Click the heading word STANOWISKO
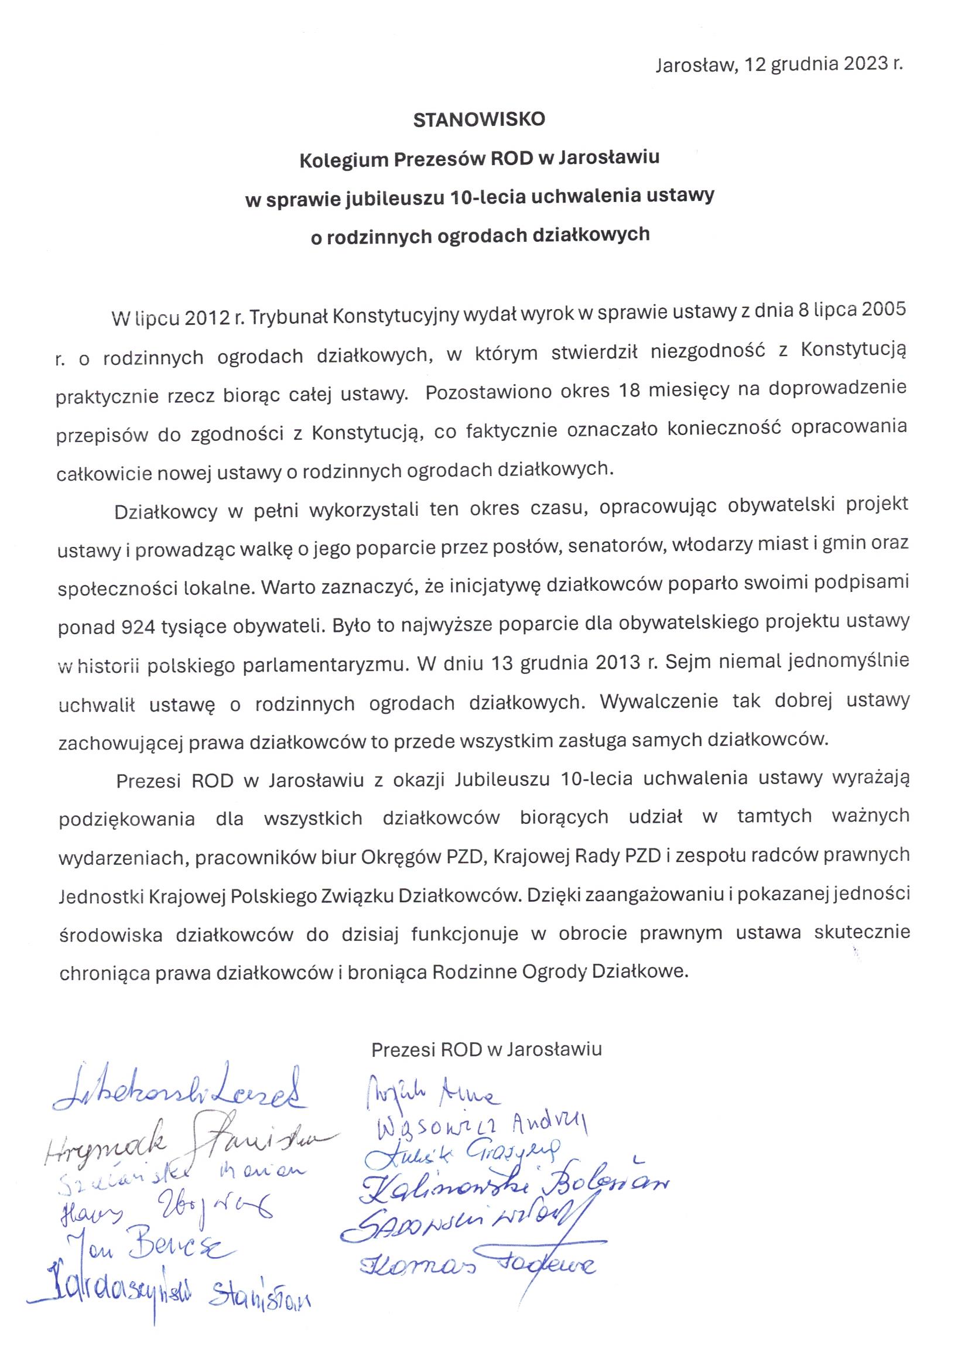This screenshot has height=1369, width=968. coord(479,120)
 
